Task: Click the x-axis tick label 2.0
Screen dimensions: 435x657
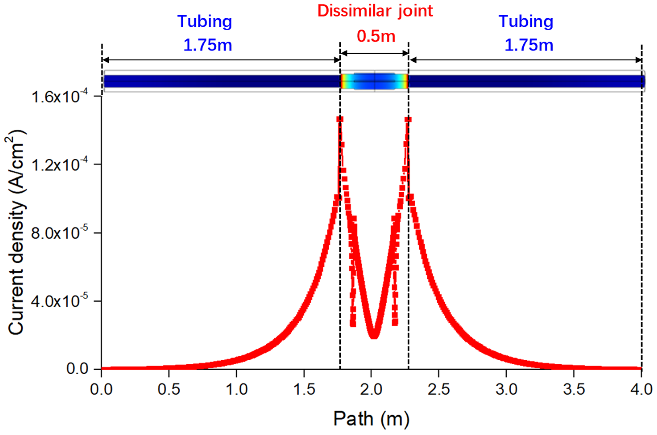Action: pyautogui.click(x=371, y=389)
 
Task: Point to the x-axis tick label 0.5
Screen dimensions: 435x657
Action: pyautogui.click(x=169, y=389)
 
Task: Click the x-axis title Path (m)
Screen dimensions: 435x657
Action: pyautogui.click(x=371, y=419)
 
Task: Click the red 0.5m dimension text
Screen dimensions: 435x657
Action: pyautogui.click(x=376, y=36)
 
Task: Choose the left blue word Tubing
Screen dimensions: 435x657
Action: pyautogui.click(x=205, y=21)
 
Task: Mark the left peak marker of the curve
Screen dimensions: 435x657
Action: pyautogui.click(x=340, y=119)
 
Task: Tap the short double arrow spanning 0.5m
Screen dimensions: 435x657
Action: pyautogui.click(x=375, y=53)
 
